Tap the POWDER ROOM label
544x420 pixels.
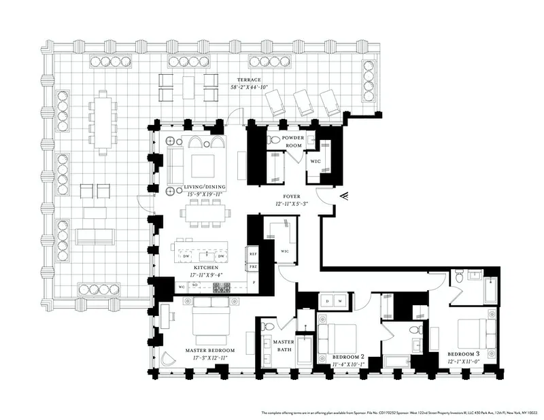[292, 141]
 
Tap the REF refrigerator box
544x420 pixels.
[252, 254]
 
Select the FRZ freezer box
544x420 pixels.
[252, 268]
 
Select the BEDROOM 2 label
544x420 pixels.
[348, 357]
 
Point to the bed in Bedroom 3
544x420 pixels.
[473, 333]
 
